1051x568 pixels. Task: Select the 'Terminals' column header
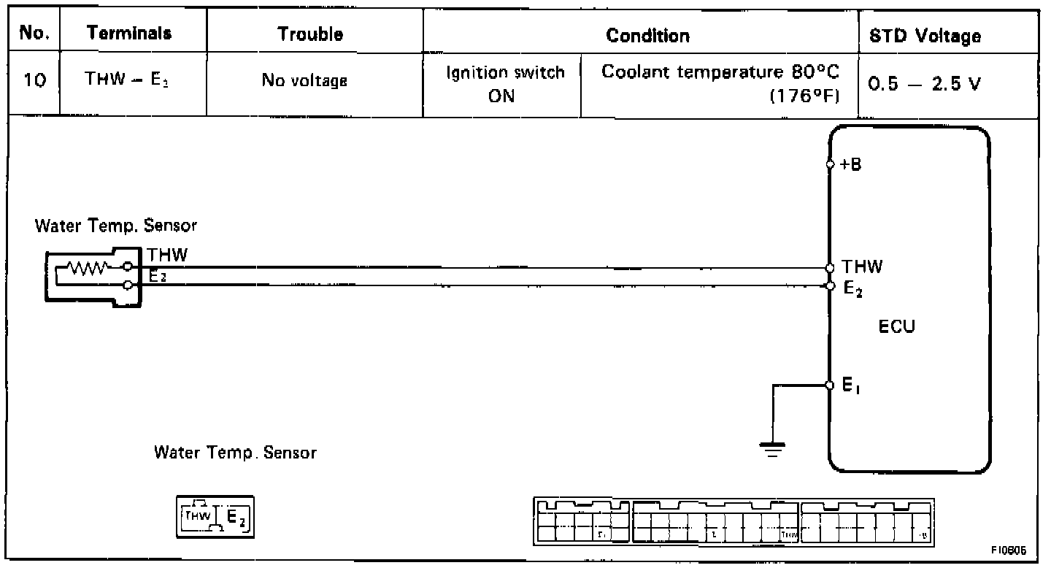(x=130, y=34)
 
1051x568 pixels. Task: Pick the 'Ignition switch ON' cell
(x=505, y=85)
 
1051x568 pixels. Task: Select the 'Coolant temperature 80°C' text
(x=720, y=73)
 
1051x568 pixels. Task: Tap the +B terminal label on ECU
(x=850, y=164)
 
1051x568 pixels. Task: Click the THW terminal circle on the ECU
(x=830, y=268)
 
